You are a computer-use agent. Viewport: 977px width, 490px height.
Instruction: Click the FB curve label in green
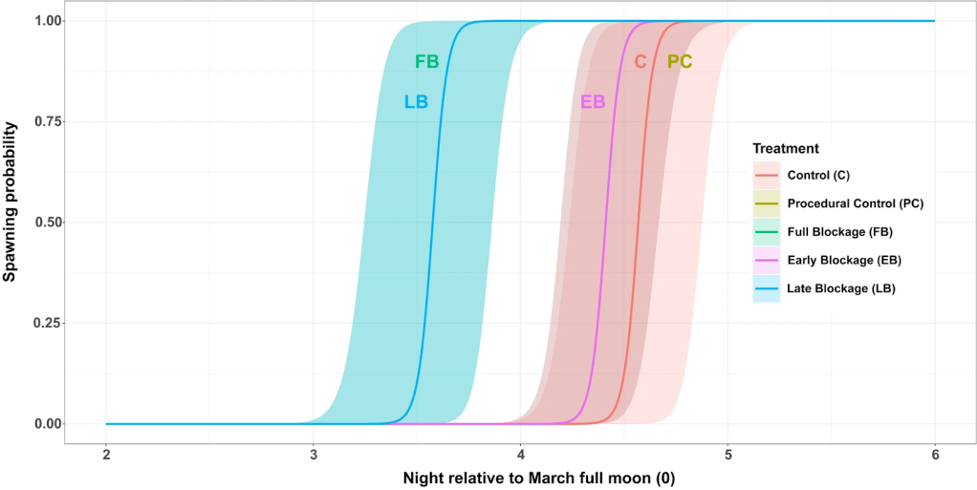coord(426,62)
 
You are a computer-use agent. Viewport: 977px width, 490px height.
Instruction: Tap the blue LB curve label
coord(416,101)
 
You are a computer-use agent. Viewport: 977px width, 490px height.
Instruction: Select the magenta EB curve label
coord(593,101)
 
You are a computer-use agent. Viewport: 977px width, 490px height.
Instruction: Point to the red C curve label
coord(640,62)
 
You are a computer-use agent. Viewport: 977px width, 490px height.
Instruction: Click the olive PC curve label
coord(680,62)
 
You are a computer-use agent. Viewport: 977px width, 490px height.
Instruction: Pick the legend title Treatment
coord(785,149)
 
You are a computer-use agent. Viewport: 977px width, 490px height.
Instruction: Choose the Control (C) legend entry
coord(818,175)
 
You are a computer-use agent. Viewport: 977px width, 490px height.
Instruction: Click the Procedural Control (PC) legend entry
coord(855,202)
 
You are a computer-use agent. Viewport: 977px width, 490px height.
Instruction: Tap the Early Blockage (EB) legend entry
coord(843,260)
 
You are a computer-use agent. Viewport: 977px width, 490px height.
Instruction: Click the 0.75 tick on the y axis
coord(47,121)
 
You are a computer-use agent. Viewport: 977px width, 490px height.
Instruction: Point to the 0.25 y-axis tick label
coord(47,323)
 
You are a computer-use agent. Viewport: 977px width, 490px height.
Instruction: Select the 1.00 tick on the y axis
coord(47,21)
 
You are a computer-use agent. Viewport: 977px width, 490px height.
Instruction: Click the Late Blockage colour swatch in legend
coord(767,288)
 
